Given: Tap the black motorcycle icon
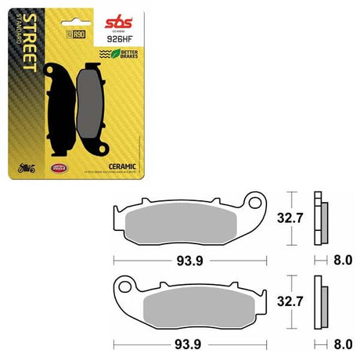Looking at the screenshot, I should [x=23, y=166].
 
